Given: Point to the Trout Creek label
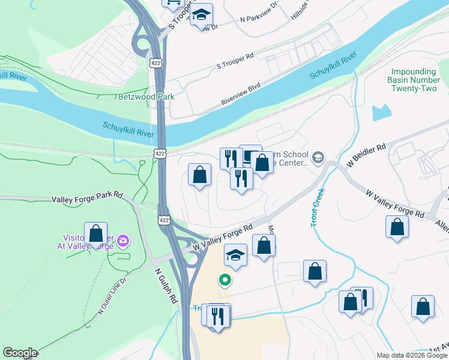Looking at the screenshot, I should pyautogui.click(x=317, y=208).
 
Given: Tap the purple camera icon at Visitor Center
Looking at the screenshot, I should pyautogui.click(x=124, y=241).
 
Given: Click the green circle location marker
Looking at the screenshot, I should pyautogui.click(x=225, y=279).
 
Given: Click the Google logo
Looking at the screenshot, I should pyautogui.click(x=20, y=353).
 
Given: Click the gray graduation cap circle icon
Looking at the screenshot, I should pyautogui.click(x=318, y=158).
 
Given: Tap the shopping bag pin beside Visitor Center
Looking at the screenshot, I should pyautogui.click(x=95, y=233).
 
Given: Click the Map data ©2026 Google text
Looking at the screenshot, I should pyautogui.click(x=411, y=355).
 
